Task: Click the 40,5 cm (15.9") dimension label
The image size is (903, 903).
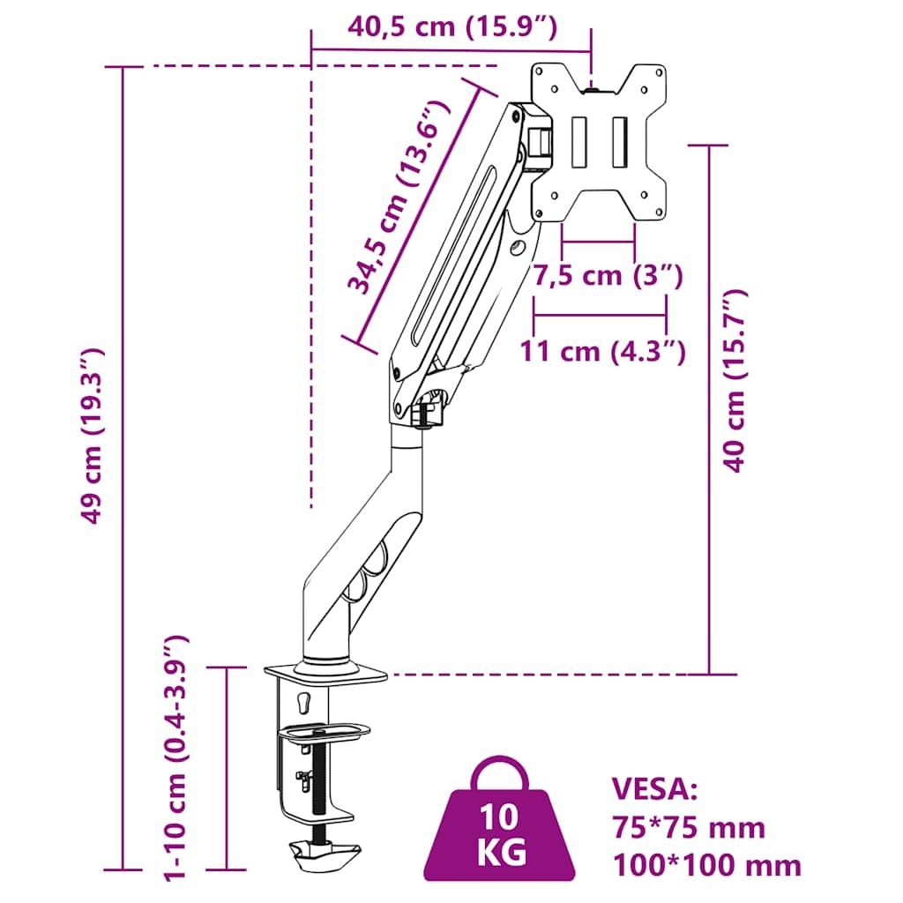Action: pos(452,27)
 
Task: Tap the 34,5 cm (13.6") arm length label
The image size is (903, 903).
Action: pos(398,197)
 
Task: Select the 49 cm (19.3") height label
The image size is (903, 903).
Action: pos(92,436)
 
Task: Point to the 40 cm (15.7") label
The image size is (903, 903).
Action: pos(735,381)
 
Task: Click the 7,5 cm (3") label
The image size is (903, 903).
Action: pos(607,275)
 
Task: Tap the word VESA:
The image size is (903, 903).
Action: pos(654,788)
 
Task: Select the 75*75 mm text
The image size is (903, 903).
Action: pos(688,827)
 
